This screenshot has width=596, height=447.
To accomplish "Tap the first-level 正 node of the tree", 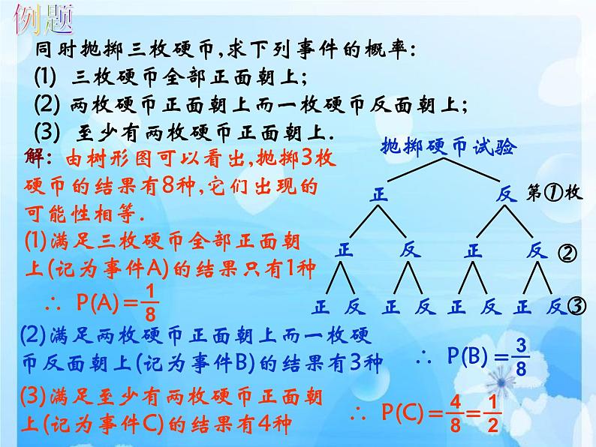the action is (381, 195).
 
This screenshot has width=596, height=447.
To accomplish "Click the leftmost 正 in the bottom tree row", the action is (322, 307).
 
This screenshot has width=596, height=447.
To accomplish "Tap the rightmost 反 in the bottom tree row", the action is (555, 307).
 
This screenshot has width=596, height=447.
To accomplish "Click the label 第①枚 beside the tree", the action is (555, 193).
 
